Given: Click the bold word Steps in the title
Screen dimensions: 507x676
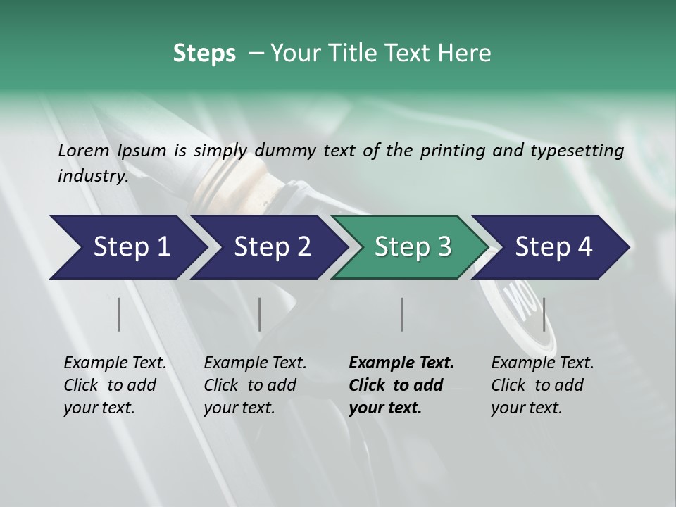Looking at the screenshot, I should click(x=204, y=54).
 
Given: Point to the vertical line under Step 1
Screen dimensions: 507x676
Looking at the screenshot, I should click(x=119, y=314).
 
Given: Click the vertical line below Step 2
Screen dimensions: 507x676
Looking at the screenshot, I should click(x=260, y=314).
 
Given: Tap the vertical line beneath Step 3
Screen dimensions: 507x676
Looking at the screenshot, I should click(x=401, y=314).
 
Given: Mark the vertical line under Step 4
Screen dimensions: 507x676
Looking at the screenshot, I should click(x=544, y=314).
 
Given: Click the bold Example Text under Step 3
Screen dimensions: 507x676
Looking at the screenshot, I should click(x=401, y=363).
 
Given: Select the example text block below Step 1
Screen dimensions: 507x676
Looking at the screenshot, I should click(x=115, y=385).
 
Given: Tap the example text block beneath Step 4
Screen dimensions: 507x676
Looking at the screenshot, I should click(x=542, y=385).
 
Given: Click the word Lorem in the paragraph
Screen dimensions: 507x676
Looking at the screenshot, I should click(x=84, y=151).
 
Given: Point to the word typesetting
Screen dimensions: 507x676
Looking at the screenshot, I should click(x=577, y=151).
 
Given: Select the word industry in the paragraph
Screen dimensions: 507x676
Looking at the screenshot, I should click(x=92, y=176).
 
